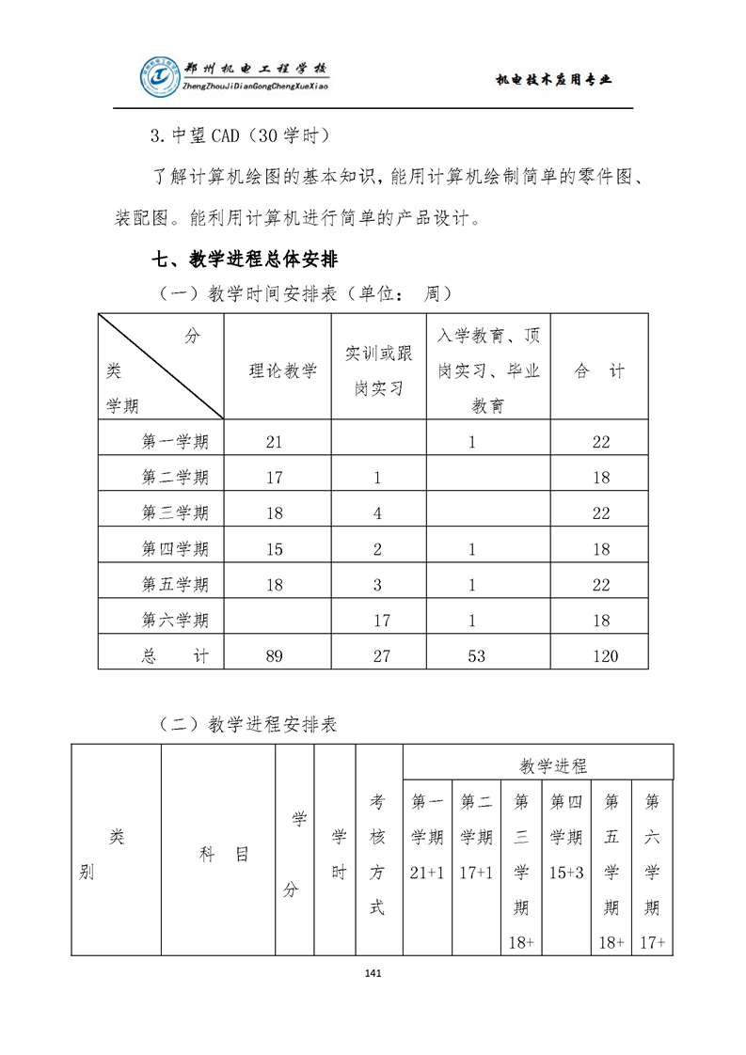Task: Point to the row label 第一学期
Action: point(175,441)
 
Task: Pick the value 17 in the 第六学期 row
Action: point(381,620)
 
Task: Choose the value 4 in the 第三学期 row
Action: point(377,512)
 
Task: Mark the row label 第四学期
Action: point(175,548)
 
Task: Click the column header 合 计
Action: point(599,371)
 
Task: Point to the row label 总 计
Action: point(175,655)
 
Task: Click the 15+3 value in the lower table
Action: point(566,873)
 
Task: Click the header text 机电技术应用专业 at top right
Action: point(553,80)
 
